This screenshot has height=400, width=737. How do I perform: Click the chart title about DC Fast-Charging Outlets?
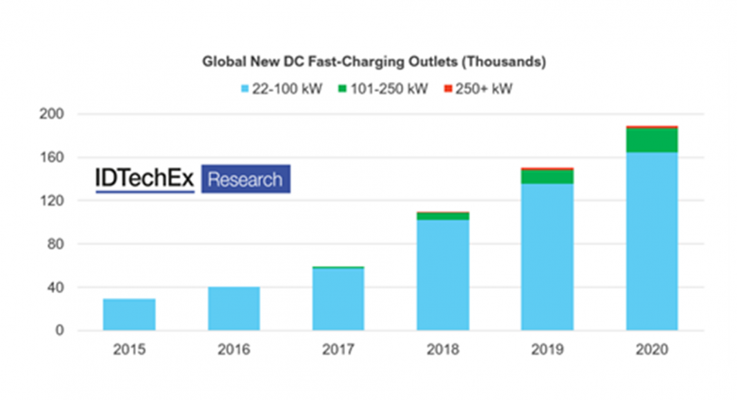pos(373,62)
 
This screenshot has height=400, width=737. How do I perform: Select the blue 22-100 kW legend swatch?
pos(244,90)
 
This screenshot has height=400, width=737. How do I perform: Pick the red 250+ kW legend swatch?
pos(447,90)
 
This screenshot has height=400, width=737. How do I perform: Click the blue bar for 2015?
pos(129,314)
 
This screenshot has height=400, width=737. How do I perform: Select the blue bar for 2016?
pos(234,308)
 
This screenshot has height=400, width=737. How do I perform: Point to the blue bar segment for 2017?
pos(338,299)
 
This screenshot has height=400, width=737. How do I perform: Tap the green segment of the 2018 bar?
pos(443,217)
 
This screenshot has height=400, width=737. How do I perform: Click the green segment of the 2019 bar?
pos(547,177)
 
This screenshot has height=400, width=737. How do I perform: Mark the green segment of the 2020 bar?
pos(652,141)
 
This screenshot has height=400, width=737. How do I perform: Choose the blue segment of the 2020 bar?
pos(652,241)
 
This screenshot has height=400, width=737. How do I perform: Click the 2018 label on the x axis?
pos(443,350)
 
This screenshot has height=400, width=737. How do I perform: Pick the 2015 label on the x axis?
pos(129,350)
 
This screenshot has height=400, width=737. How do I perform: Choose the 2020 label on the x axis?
pos(652,350)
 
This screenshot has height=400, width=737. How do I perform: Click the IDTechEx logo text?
pos(145,179)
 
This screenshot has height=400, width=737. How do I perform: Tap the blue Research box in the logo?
pos(245,179)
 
